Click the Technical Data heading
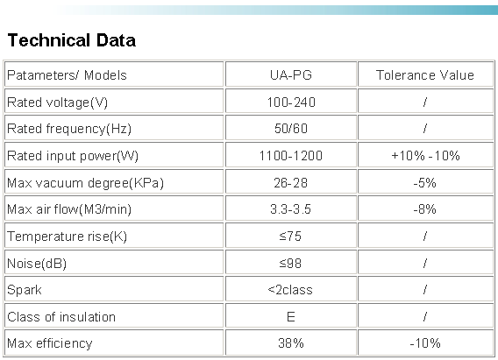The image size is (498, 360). (72, 40)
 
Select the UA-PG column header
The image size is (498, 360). (291, 75)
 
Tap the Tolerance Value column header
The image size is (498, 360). (425, 75)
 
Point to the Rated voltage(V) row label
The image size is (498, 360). (58, 102)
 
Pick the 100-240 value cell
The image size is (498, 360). (291, 102)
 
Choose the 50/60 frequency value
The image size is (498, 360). (291, 129)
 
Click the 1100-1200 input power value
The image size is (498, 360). (291, 156)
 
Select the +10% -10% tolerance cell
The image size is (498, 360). (425, 156)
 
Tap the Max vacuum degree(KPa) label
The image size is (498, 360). (85, 183)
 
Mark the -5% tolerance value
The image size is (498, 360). (425, 183)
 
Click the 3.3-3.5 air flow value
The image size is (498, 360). (290, 209)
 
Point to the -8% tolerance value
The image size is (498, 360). (425, 209)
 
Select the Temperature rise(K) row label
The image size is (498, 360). (67, 236)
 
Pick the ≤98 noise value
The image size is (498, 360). (290, 264)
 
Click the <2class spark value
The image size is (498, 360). (290, 290)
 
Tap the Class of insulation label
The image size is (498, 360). (61, 317)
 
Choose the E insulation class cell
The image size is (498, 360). (291, 317)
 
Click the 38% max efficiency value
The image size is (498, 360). (291, 343)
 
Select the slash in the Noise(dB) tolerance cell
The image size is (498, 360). (425, 264)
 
